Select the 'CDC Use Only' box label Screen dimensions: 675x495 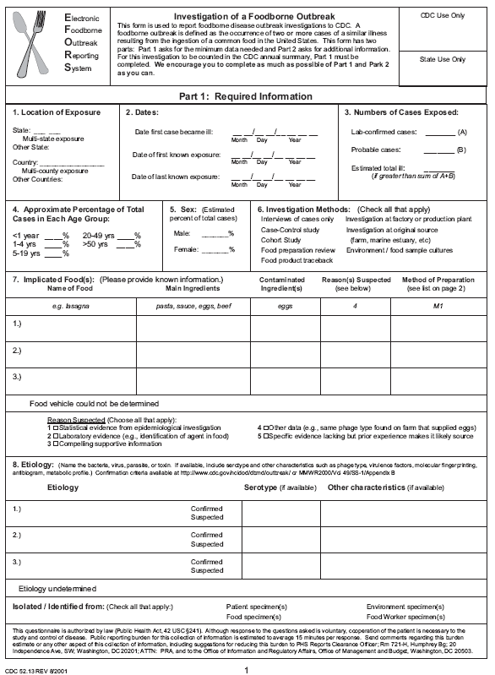pyautogui.click(x=443, y=16)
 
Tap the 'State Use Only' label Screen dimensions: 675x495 pyautogui.click(x=443, y=59)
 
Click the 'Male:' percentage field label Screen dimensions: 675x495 pyautogui.click(x=182, y=233)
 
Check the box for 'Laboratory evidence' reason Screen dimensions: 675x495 pyautogui.click(x=56, y=436)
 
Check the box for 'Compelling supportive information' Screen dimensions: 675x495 pyautogui.click(x=56, y=444)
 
